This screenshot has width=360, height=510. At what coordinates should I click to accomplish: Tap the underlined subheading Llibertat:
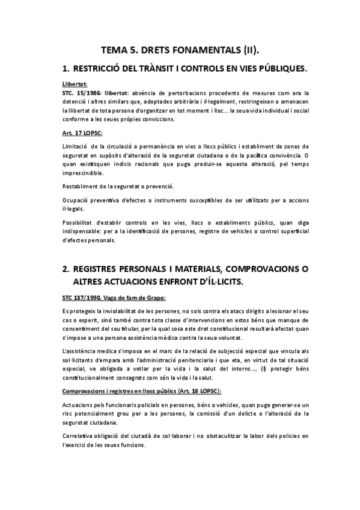coord(75,84)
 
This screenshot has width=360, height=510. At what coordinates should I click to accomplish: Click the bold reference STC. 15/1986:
coord(82,93)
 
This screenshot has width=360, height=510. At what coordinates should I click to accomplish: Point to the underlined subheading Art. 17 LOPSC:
coord(82,132)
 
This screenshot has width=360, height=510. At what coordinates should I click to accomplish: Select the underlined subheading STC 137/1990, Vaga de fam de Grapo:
coord(114,298)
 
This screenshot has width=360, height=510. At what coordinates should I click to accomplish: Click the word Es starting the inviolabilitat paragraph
coord(66,311)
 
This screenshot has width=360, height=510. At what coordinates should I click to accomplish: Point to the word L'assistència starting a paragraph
coord(80,350)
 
